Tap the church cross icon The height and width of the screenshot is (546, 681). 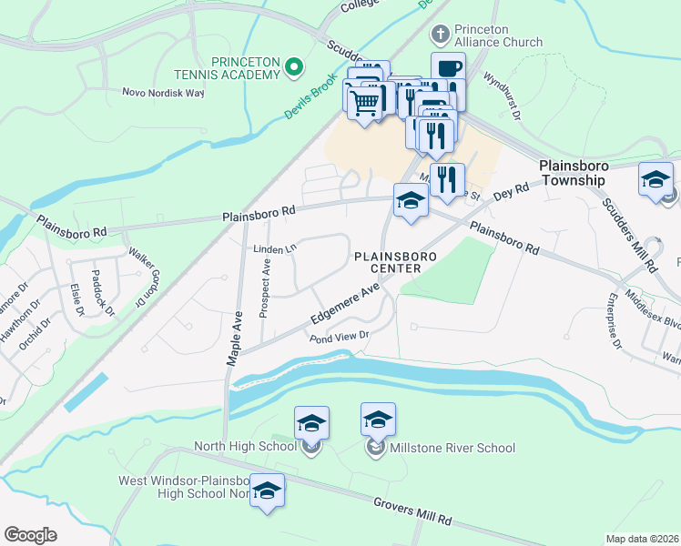(441, 35)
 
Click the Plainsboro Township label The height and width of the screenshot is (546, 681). (571, 173)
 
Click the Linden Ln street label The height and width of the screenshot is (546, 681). (276, 248)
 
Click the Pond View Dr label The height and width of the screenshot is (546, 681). (338, 337)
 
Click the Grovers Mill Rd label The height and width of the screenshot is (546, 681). (412, 511)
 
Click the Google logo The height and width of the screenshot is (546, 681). (31, 535)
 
